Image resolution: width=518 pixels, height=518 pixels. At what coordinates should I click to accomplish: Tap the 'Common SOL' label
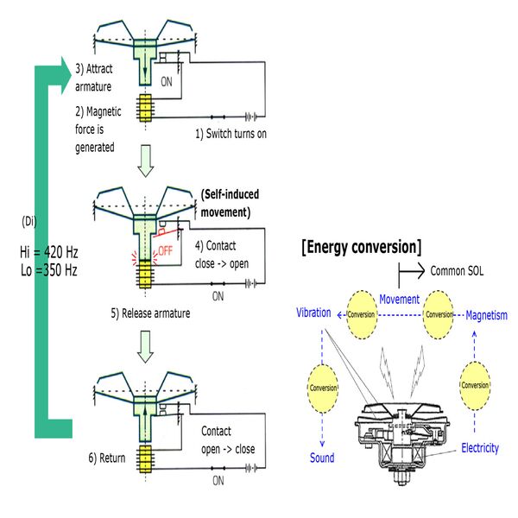coord(457,270)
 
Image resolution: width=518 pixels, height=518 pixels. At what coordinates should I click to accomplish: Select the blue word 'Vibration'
coord(313,313)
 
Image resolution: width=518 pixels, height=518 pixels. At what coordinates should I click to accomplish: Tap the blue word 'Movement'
coord(399,300)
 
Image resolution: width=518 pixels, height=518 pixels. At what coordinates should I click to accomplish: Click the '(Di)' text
coord(29,220)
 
